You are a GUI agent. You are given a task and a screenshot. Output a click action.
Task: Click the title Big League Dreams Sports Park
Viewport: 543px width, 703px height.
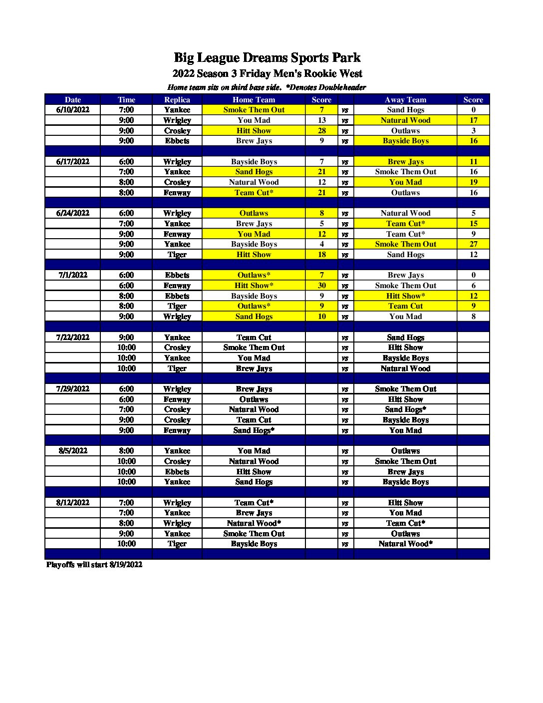tap(267, 58)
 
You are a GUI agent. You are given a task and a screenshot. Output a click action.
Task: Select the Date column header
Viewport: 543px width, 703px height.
tap(72, 100)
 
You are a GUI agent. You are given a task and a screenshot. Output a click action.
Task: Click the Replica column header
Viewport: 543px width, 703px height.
tap(177, 100)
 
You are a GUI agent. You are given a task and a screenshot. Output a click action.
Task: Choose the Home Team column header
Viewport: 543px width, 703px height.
tap(254, 100)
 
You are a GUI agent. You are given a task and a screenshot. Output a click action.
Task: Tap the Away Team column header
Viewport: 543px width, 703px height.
tap(405, 100)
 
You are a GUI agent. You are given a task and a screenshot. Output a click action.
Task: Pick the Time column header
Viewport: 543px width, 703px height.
tap(126, 100)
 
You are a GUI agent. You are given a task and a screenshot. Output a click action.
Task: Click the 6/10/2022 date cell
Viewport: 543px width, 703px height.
tap(73, 110)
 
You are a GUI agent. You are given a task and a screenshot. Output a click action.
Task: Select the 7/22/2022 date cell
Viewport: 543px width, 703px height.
tap(73, 338)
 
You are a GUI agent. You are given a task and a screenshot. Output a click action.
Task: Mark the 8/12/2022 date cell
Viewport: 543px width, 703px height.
tap(73, 503)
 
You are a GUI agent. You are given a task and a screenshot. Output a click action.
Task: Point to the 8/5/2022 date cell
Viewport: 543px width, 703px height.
tap(73, 451)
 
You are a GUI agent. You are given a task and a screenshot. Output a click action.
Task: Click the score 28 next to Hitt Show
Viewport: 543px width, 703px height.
tap(322, 131)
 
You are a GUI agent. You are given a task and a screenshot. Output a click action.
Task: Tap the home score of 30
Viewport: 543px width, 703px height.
tap(322, 286)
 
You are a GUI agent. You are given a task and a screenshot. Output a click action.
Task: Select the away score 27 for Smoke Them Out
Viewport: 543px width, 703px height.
tap(473, 244)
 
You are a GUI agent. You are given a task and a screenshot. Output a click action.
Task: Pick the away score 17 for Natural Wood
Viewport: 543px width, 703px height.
tap(473, 120)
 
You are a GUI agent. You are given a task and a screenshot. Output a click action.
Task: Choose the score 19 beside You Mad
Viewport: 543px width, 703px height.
tap(473, 182)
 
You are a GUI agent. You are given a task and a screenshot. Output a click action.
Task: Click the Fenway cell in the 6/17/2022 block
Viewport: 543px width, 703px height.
tap(177, 193)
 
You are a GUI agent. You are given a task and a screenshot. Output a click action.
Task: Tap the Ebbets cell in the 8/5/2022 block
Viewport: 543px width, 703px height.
tap(177, 472)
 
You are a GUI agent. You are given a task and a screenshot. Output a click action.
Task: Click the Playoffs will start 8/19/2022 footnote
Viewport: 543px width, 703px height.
tap(94, 565)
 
